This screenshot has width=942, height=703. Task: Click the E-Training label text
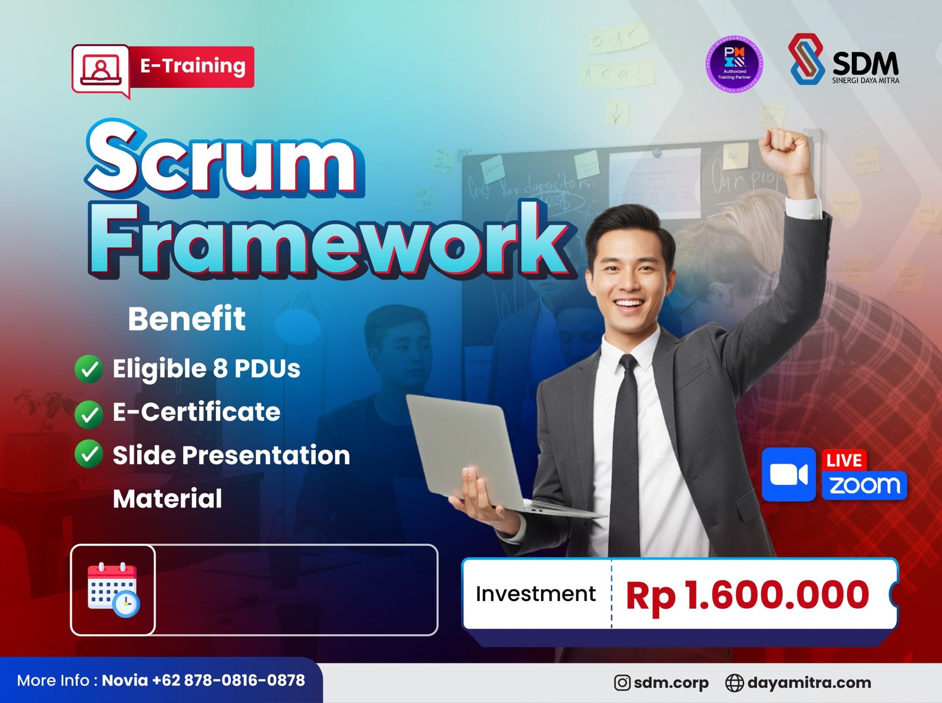(192, 66)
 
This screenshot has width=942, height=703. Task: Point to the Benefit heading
(186, 319)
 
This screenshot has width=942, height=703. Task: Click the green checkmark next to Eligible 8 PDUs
(89, 369)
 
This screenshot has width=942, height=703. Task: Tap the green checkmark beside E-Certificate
(89, 413)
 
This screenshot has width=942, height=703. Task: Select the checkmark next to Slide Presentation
(89, 456)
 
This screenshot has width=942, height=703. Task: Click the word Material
(167, 499)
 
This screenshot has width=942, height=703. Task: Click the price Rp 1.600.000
(747, 595)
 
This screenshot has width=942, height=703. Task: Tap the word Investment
(535, 594)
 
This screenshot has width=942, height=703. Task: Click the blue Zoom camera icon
(788, 474)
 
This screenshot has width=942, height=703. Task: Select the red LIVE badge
(844, 460)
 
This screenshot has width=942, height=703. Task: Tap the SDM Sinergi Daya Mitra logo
(843, 60)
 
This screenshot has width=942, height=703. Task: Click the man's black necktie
(626, 448)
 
